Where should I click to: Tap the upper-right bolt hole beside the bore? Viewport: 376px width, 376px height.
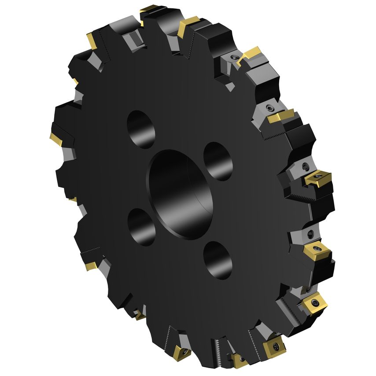218,161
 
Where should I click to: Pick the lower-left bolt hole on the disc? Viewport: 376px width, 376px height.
141,227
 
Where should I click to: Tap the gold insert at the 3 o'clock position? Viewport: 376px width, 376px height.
317,178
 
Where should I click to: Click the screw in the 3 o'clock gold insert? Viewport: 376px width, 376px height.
317,178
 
